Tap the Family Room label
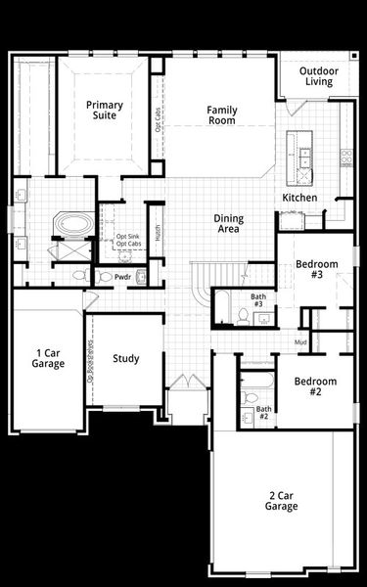tap(222, 115)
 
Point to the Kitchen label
tap(299, 198)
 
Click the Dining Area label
tap(229, 224)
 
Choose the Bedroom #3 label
tap(316, 269)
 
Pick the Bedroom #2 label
tap(316, 386)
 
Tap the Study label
tap(126, 359)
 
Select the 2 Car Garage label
tap(281, 501)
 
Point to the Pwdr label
tap(122, 277)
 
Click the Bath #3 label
tap(258, 300)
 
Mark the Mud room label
tap(301, 341)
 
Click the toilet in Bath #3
tap(242, 315)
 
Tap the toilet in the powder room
tap(106, 277)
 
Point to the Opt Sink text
tap(128, 236)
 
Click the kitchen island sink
tap(303, 156)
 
